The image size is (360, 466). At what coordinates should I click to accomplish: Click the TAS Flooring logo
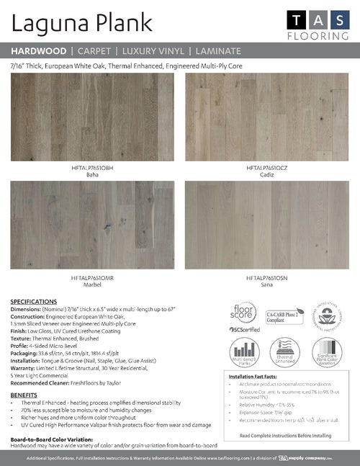318,24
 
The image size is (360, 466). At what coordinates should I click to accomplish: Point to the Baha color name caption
92,174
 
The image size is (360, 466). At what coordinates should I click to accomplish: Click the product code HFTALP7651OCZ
266,168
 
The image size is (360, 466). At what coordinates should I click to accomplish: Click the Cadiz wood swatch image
266,117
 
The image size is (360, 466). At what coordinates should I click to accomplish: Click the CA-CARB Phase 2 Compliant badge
285,315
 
